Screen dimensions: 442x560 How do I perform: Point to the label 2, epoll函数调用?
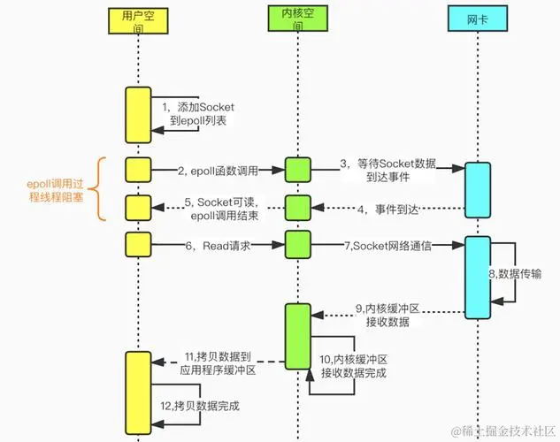[217, 170]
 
